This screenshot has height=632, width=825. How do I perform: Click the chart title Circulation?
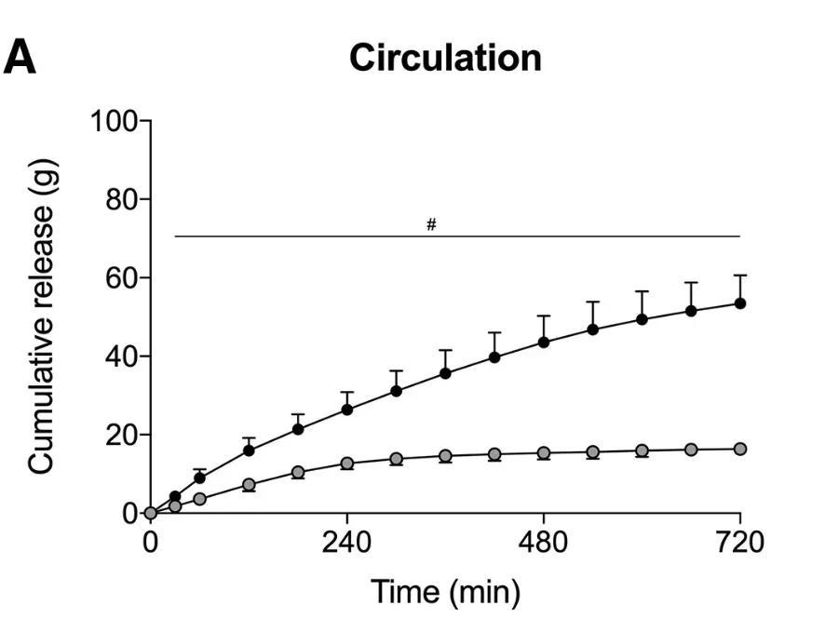[445, 58]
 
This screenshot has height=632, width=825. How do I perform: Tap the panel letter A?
[20, 59]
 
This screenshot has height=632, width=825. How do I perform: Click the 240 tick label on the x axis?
[346, 541]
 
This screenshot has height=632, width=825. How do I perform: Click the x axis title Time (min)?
[445, 591]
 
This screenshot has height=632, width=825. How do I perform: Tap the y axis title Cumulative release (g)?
[44, 316]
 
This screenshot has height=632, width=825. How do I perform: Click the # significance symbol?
[431, 225]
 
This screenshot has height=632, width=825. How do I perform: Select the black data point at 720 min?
[740, 303]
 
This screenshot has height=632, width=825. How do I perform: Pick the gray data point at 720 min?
[740, 449]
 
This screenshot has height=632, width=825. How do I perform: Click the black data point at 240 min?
[347, 410]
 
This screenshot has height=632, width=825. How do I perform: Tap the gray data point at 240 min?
[347, 464]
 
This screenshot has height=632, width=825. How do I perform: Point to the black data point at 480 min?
[544, 342]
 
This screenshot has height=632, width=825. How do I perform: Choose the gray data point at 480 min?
[544, 453]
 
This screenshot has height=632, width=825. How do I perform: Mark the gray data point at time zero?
[151, 513]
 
